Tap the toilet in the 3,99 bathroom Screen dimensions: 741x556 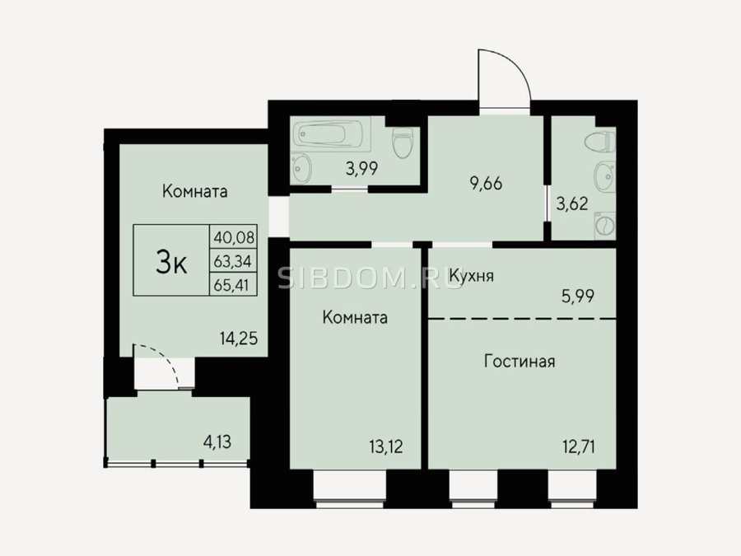click(403, 143)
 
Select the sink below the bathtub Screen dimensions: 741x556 click(301, 168)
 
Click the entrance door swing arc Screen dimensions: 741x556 click(505, 76)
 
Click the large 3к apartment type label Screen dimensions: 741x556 click(171, 263)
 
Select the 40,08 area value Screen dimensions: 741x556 click(234, 236)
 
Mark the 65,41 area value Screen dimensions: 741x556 click(231, 285)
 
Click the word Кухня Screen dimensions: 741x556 click(472, 276)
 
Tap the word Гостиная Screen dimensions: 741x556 click(520, 362)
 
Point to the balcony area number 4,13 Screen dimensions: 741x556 click(217, 442)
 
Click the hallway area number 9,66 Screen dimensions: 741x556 click(486, 184)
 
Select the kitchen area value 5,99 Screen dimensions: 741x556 click(578, 297)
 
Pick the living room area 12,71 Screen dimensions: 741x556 click(579, 446)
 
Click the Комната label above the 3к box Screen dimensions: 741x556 click(194, 191)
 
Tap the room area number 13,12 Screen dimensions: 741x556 click(387, 446)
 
